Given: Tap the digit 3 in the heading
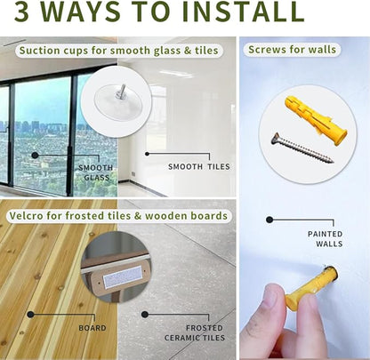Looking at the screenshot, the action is tap(21, 12).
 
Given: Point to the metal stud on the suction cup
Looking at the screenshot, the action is tap(121, 91).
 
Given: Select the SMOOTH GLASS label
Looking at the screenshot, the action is tap(96, 172).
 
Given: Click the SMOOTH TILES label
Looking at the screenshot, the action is tap(199, 167).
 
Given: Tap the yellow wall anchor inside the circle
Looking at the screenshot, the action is tap(316, 120).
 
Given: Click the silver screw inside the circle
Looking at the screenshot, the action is tap(302, 148).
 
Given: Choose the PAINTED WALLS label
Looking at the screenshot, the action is tap(325, 239).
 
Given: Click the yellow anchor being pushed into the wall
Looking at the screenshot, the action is tap(310, 288).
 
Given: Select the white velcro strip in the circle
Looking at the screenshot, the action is tap(122, 276).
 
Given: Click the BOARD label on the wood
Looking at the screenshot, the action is tap(92, 328).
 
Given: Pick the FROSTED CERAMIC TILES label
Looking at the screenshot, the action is tap(195, 332).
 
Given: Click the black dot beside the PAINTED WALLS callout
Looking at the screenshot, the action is tap(269, 220).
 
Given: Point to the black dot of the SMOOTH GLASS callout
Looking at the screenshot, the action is tap(35, 155).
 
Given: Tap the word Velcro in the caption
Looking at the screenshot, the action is tap(26, 215).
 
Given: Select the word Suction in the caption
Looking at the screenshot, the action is tap(37, 51).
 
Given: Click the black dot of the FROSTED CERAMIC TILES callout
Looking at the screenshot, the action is tap(145, 315).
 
